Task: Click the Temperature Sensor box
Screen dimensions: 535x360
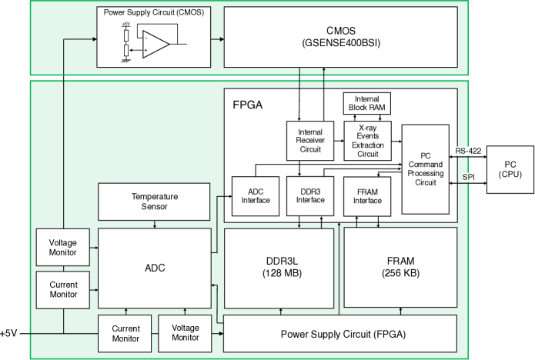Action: point(154,202)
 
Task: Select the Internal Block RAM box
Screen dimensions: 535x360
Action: point(366,103)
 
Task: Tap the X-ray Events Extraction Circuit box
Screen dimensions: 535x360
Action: point(367,141)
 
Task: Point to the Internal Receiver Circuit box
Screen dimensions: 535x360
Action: point(310,141)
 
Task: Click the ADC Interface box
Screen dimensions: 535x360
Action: point(256,196)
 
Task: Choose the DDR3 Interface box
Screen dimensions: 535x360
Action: point(310,196)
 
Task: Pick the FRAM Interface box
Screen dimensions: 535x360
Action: point(367,196)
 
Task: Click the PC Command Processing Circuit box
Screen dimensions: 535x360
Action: point(426,169)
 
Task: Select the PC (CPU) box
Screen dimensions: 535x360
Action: point(510,169)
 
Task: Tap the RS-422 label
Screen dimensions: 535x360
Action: point(468,151)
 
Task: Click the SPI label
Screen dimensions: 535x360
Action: point(469,177)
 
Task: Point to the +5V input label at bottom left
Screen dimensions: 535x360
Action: point(8,333)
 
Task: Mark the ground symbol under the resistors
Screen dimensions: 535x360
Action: point(126,61)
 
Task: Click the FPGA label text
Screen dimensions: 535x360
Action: point(248,105)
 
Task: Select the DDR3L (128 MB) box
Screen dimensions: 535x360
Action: point(279,268)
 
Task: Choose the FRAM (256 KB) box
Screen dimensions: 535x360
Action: point(400,267)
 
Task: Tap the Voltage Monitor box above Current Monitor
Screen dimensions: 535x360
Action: point(63,247)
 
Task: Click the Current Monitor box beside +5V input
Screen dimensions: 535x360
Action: point(125,333)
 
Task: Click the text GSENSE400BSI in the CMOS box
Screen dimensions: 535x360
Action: point(341,43)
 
